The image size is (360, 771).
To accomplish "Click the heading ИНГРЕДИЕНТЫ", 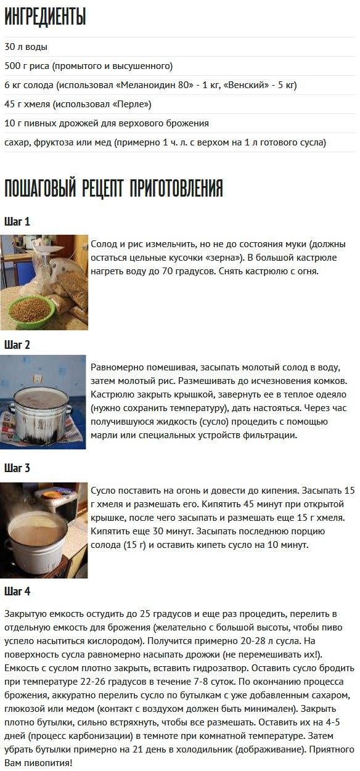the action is [x=45, y=17].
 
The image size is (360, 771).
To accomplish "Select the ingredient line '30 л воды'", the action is [x=26, y=47].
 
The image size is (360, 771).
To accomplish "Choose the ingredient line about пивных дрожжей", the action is [x=107, y=123].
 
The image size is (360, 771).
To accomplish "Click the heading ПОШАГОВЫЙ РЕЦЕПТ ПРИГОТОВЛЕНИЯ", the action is [x=113, y=188].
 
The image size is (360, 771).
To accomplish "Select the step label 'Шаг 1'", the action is [x=17, y=221].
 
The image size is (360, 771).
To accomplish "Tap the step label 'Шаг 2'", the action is [x=17, y=345].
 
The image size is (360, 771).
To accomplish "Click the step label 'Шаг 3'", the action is [x=17, y=468].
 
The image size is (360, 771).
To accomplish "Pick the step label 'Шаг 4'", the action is [x=17, y=591].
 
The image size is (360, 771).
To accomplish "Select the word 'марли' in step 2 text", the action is [x=102, y=435].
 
